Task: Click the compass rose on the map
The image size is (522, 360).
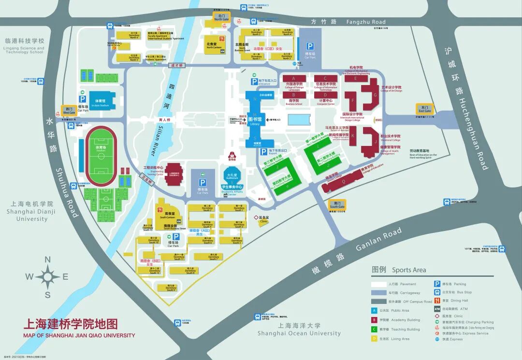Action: [48, 277]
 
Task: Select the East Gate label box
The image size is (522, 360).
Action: [425, 109]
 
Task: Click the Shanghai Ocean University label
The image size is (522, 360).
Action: [299, 333]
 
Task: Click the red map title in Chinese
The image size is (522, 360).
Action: [71, 324]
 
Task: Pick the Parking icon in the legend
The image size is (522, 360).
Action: [437, 284]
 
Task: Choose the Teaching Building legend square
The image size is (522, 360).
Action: [374, 329]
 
